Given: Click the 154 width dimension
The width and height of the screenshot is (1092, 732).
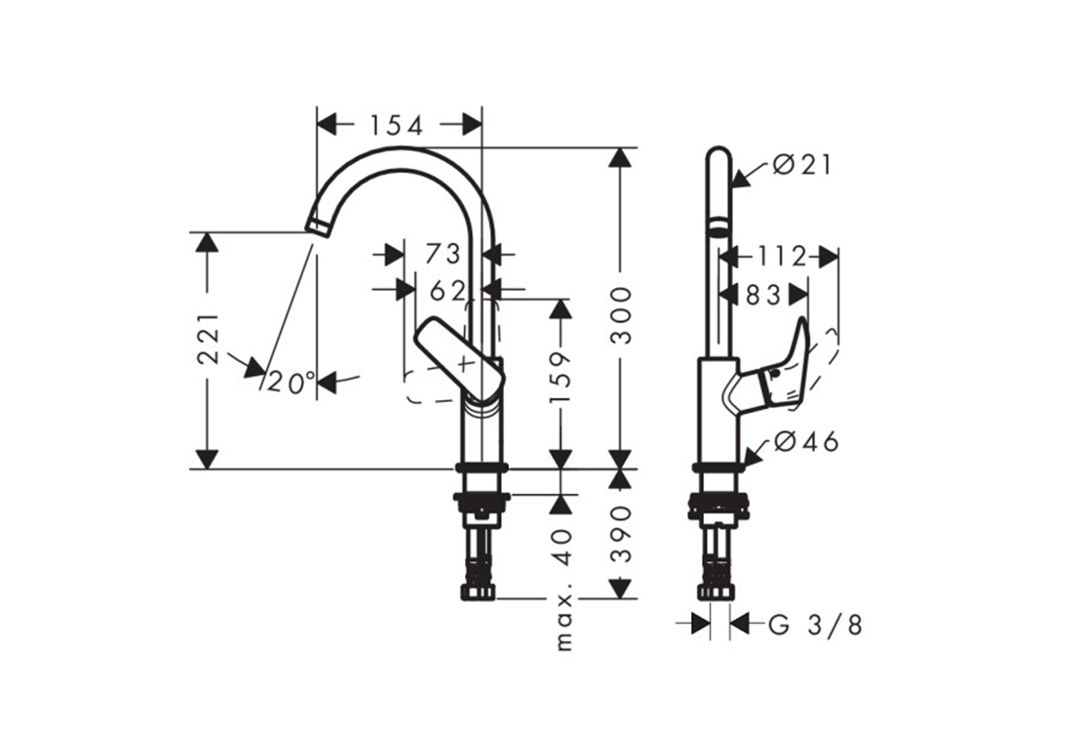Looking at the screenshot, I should point(396,125).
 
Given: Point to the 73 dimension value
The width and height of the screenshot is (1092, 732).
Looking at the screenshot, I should point(443,255).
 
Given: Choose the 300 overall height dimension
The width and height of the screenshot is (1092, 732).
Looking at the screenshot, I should point(619,315).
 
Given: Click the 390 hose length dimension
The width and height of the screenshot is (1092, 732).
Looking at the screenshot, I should point(619,536).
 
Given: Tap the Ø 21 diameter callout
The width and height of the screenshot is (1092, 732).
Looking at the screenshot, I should point(801,165).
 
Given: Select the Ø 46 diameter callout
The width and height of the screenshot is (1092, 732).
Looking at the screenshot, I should point(805,442).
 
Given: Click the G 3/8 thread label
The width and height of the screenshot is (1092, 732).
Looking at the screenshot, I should point(815,624).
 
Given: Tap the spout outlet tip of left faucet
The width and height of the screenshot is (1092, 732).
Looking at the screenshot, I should point(317,224).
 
